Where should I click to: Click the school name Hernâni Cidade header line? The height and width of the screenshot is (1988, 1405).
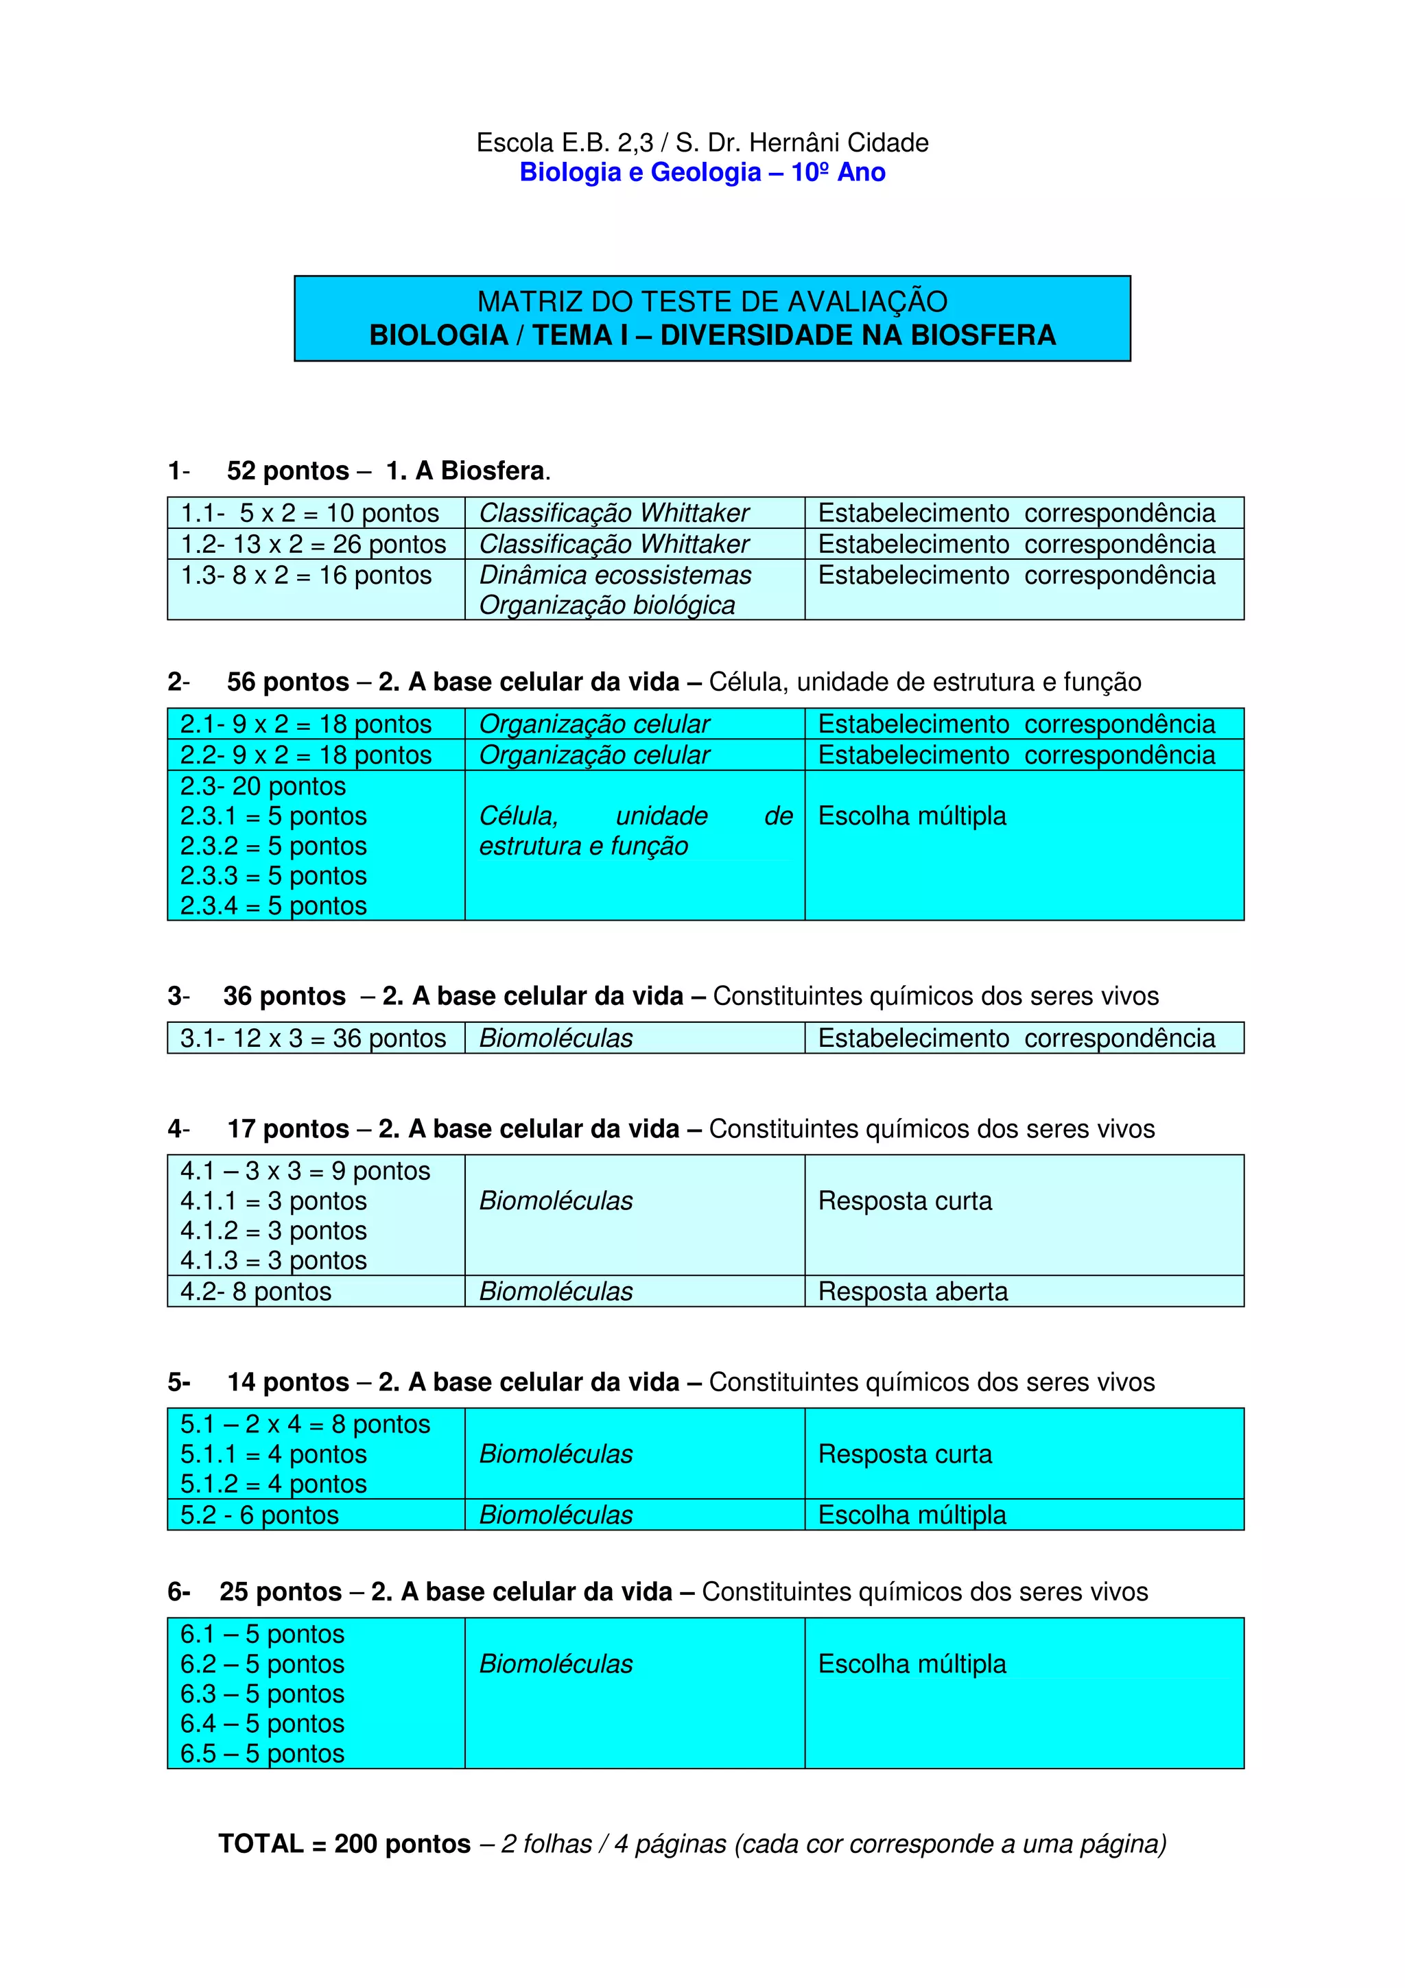pyautogui.click(x=702, y=143)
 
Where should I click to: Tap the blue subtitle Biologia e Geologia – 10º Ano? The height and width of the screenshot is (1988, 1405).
pyautogui.click(x=702, y=172)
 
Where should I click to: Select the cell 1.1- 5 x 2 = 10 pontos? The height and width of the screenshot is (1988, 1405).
pyautogui.click(x=310, y=513)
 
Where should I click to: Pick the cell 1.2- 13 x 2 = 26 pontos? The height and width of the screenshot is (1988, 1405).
pyautogui.click(x=314, y=545)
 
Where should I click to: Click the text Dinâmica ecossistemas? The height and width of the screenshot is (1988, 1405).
pyautogui.click(x=615, y=576)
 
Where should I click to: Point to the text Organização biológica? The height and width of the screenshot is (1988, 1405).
pyautogui.click(x=607, y=605)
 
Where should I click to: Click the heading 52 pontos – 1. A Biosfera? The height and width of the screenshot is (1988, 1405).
pyautogui.click(x=388, y=471)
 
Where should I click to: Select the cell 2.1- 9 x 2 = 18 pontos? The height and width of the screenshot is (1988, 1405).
pyautogui.click(x=305, y=724)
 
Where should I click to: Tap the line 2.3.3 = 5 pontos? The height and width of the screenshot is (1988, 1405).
pyautogui.click(x=274, y=875)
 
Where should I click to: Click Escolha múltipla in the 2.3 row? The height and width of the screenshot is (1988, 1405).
pyautogui.click(x=912, y=816)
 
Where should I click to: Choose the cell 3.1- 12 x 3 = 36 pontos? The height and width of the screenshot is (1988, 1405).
pyautogui.click(x=314, y=1038)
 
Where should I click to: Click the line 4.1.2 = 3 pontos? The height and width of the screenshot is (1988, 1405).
pyautogui.click(x=274, y=1231)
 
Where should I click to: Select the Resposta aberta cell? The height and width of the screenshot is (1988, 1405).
pyautogui.click(x=912, y=1292)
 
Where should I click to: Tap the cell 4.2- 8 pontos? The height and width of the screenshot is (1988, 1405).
pyautogui.click(x=257, y=1292)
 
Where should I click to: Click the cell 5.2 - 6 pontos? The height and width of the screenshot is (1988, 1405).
pyautogui.click(x=260, y=1515)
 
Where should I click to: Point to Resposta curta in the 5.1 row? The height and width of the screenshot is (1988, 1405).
pyautogui.click(x=905, y=1454)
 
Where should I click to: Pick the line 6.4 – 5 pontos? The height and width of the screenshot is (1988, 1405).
pyautogui.click(x=262, y=1724)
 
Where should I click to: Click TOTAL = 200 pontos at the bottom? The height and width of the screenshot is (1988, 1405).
pyautogui.click(x=344, y=1844)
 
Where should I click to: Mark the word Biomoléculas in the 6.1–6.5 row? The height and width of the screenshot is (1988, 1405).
pyautogui.click(x=556, y=1664)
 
